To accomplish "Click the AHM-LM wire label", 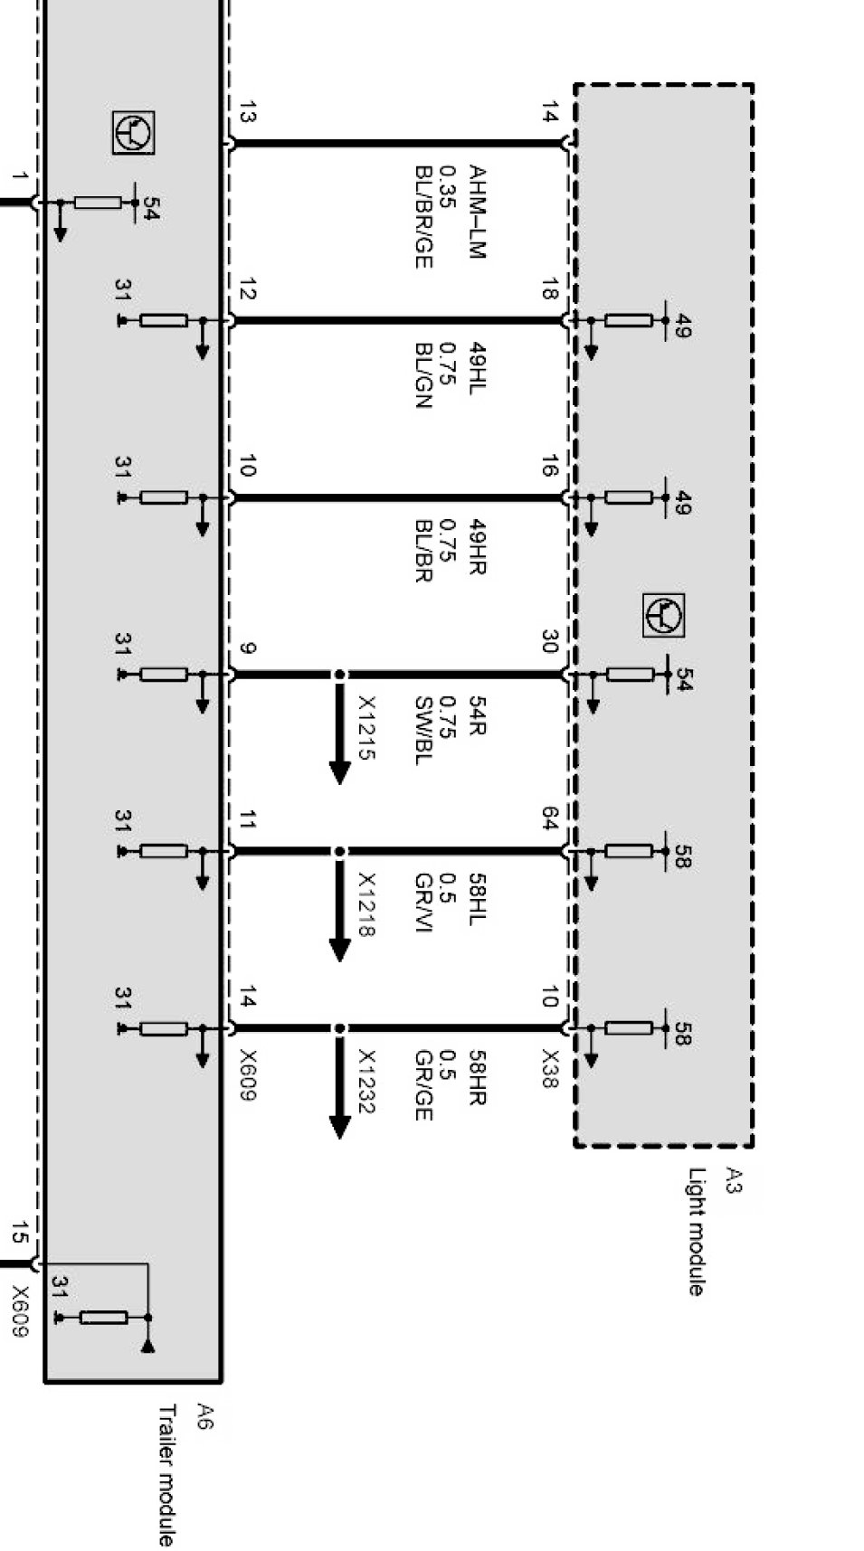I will coord(477,212).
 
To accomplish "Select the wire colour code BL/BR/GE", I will coord(423,217).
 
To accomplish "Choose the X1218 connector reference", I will coord(366,903).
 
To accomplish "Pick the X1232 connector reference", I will coord(366,1081).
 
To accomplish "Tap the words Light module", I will coord(696,1232).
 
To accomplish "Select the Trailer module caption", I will coord(166,1474).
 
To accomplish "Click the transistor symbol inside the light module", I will coord(663,615).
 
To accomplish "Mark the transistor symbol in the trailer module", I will coord(133,133).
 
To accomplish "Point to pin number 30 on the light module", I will coord(549,642).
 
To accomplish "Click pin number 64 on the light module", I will coord(549,819).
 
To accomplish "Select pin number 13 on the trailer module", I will coord(247,114).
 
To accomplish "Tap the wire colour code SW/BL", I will coord(423,730).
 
